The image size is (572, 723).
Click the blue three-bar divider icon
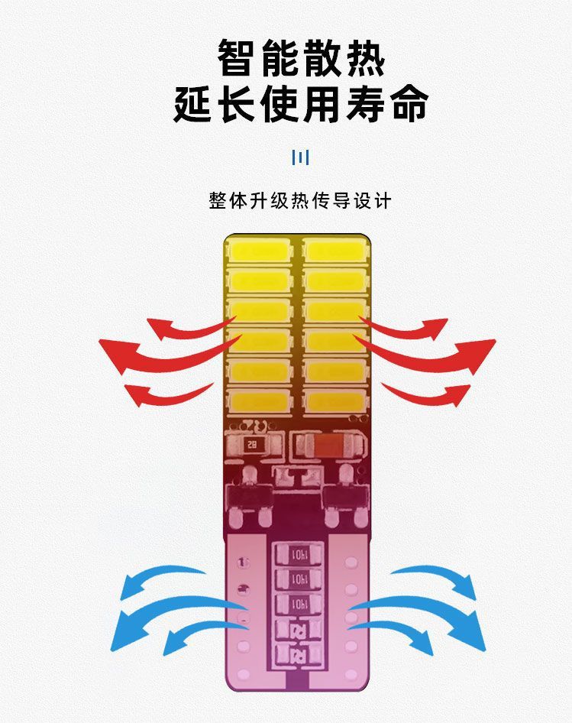pyautogui.click(x=301, y=158)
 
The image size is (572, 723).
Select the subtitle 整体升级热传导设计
pyautogui.click(x=300, y=200)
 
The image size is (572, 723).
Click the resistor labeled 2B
pyautogui.click(x=253, y=444)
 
